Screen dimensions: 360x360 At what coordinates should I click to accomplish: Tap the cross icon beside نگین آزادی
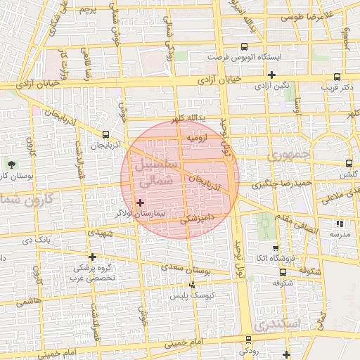(271, 75)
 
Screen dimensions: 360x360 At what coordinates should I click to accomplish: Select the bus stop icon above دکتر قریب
(337, 77)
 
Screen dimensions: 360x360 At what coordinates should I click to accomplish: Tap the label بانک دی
(37, 240)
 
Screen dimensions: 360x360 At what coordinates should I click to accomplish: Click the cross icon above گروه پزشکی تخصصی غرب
(92, 257)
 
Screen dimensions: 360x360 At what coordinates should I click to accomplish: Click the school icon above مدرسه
(340, 224)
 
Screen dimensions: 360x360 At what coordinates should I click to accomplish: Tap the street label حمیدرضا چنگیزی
(265, 185)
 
